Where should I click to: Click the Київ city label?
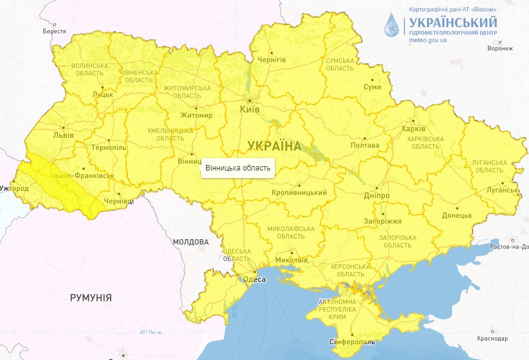pyautogui.click(x=250, y=110)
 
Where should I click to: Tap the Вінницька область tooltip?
pyautogui.click(x=238, y=168)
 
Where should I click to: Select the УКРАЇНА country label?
pyautogui.click(x=274, y=146)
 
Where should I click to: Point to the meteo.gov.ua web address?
pyautogui.click(x=428, y=40)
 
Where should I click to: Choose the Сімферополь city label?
pyautogui.click(x=352, y=342)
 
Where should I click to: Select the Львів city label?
pyautogui.click(x=64, y=135)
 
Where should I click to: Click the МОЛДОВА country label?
pyautogui.click(x=191, y=242)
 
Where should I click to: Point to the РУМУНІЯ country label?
pyautogui.click(x=91, y=298)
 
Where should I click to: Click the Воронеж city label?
pyautogui.click(x=500, y=48)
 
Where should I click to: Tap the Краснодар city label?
pyautogui.click(x=492, y=339)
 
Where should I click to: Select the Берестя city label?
pyautogui.click(x=54, y=31)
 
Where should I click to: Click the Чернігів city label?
pyautogui.click(x=272, y=60)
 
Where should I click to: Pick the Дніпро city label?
pyautogui.click(x=376, y=196)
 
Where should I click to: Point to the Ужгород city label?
pyautogui.click(x=14, y=188)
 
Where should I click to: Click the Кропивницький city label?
pyautogui.click(x=299, y=192)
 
